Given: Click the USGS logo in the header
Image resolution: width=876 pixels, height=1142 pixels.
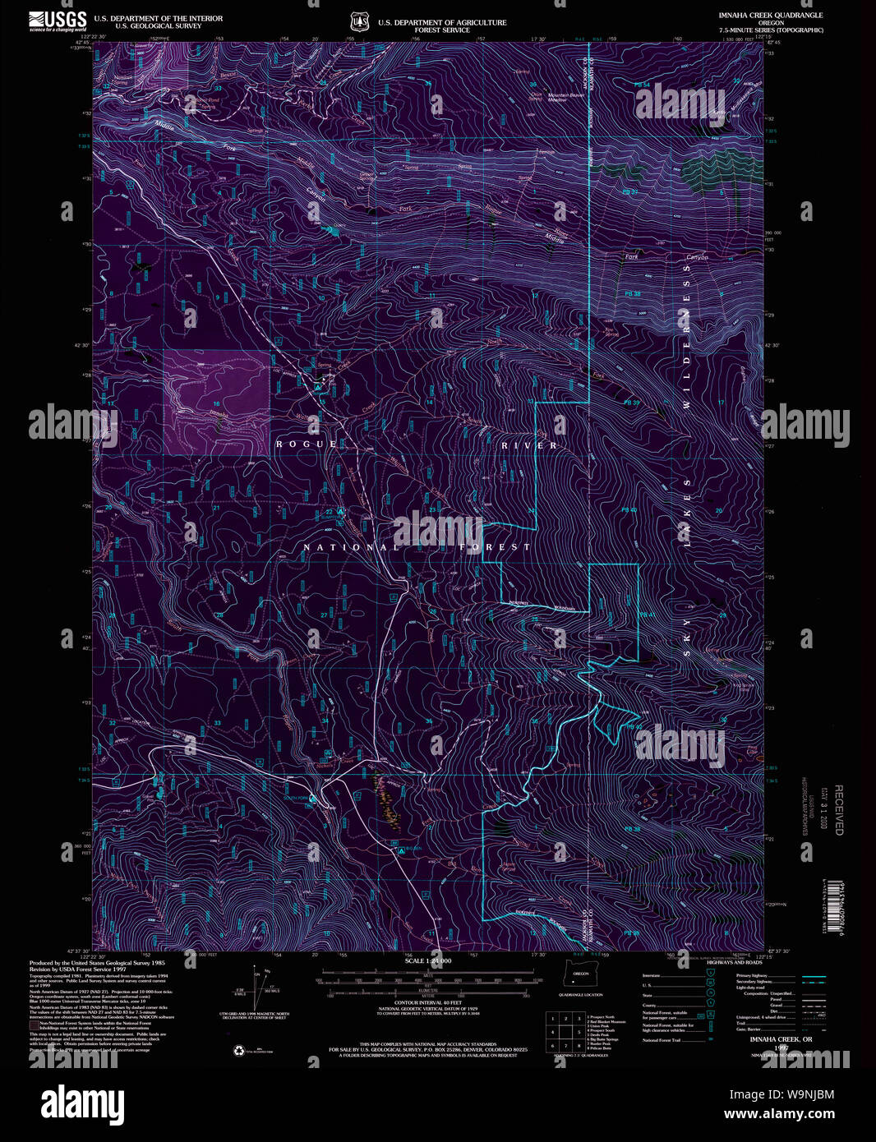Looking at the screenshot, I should click(x=58, y=21).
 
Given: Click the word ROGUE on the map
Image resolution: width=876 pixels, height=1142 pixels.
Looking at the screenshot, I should click(x=307, y=444).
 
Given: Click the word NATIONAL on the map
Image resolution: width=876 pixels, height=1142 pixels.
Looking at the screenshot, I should click(x=351, y=547).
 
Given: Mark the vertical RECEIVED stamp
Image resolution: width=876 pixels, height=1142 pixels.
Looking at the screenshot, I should click(x=838, y=810).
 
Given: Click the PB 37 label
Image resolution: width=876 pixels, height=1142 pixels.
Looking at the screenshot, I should click(x=630, y=191).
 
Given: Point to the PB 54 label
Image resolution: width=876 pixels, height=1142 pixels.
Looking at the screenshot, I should click(x=642, y=85).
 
